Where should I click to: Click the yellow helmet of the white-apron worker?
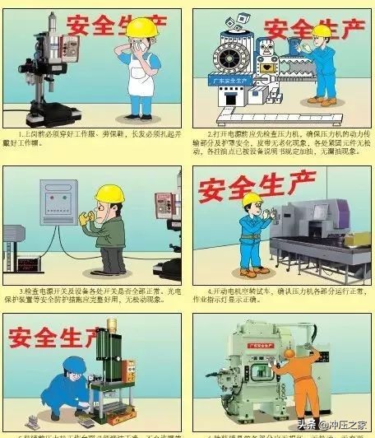141,28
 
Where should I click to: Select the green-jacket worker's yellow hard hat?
109,194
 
